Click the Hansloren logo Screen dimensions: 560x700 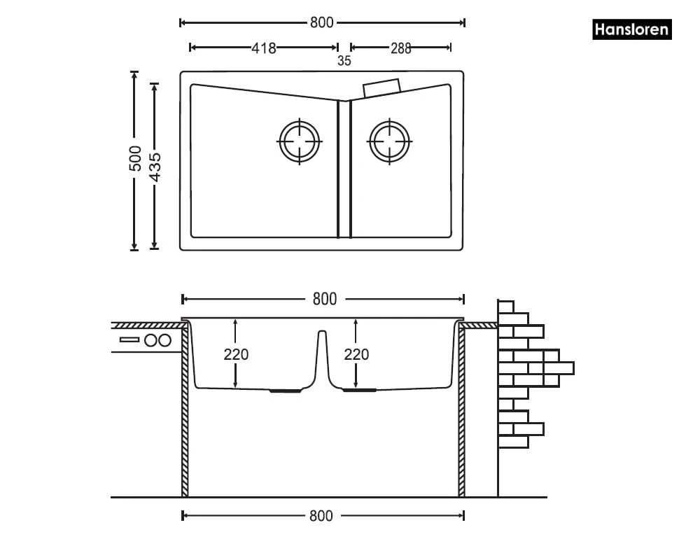[631, 30]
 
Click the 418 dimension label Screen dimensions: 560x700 [263, 48]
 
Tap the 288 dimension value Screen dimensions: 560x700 [401, 48]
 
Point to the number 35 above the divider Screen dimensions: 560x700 [344, 61]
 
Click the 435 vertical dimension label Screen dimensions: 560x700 [155, 167]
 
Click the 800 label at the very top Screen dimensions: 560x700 [321, 22]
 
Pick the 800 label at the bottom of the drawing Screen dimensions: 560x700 [321, 517]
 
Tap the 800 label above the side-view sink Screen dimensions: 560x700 [324, 300]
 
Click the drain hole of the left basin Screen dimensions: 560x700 [300, 141]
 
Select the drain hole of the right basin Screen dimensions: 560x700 [390, 141]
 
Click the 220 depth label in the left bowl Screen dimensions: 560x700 [236, 355]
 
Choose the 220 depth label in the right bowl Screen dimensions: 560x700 [356, 355]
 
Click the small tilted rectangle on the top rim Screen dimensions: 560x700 [381, 87]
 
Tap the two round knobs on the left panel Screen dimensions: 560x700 [158, 340]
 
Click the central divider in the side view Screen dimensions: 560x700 [322, 357]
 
